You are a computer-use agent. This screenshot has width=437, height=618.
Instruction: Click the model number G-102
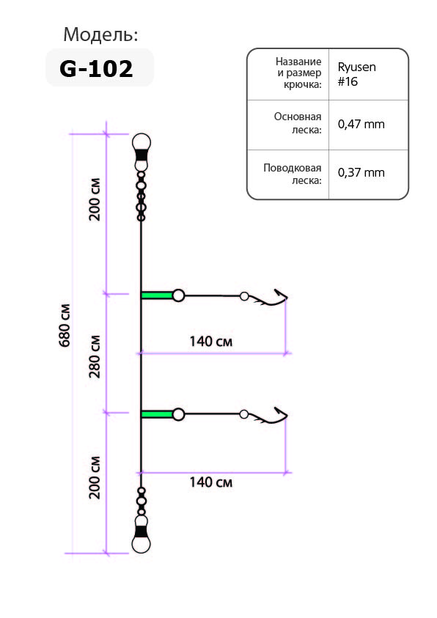96,69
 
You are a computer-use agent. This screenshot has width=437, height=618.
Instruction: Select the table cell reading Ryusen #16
356,74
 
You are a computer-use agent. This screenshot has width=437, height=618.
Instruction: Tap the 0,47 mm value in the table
361,124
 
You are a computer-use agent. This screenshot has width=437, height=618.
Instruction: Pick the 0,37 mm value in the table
361,172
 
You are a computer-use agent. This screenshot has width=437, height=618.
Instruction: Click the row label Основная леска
298,123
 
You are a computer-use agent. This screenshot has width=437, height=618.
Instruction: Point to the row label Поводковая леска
293,174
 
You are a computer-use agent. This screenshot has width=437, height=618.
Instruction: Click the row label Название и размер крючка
298,73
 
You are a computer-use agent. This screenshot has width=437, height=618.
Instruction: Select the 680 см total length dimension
65,325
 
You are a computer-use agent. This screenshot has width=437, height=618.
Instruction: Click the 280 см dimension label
95,357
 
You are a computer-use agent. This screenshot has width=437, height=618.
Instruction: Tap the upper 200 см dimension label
95,199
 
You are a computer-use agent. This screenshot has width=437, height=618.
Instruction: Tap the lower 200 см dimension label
95,478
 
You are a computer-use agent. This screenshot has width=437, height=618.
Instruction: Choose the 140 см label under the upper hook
211,342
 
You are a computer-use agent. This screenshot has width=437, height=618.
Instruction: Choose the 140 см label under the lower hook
211,482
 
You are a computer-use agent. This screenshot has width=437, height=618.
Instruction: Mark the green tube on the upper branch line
157,295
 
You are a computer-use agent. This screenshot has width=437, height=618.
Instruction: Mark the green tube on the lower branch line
157,414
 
